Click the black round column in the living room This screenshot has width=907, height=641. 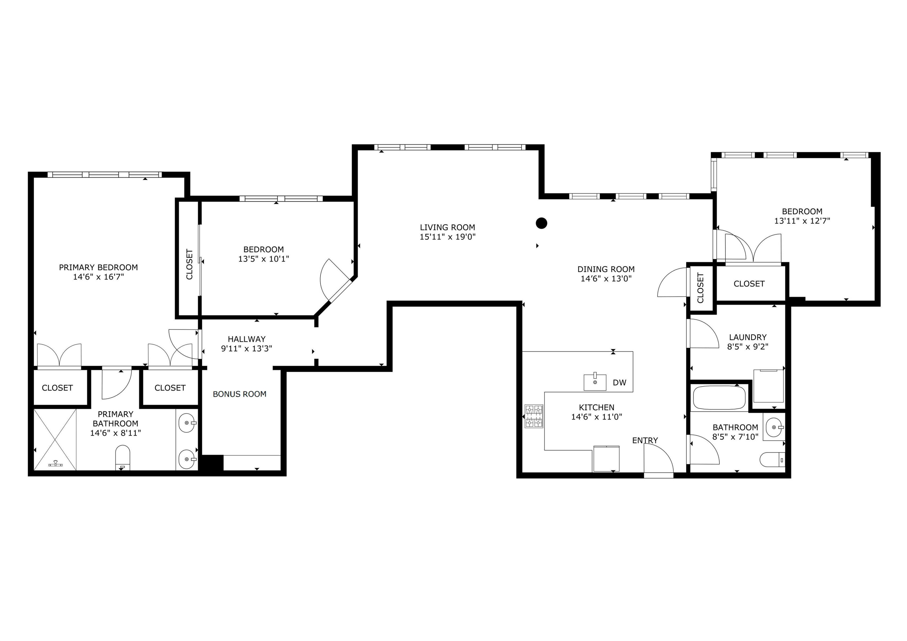point(541,223)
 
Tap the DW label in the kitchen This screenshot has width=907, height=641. point(619,382)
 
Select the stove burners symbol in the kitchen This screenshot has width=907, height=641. point(534,416)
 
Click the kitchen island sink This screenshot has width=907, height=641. point(595,382)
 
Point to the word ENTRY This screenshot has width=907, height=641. point(645,440)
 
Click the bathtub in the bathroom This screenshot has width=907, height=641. point(719,398)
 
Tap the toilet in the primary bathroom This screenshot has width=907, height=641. point(123,458)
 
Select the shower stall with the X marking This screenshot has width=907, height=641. point(55,439)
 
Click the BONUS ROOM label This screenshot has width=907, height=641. point(239,394)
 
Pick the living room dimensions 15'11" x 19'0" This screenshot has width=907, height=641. point(447,237)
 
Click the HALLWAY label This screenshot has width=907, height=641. point(247,339)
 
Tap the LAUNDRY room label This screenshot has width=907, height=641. point(747,337)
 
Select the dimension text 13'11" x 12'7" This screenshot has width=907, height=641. point(802,221)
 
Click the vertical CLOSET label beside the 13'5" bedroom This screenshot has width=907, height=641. point(189,264)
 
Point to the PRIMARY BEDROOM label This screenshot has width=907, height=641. point(98,267)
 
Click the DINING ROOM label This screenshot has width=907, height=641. point(606,269)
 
